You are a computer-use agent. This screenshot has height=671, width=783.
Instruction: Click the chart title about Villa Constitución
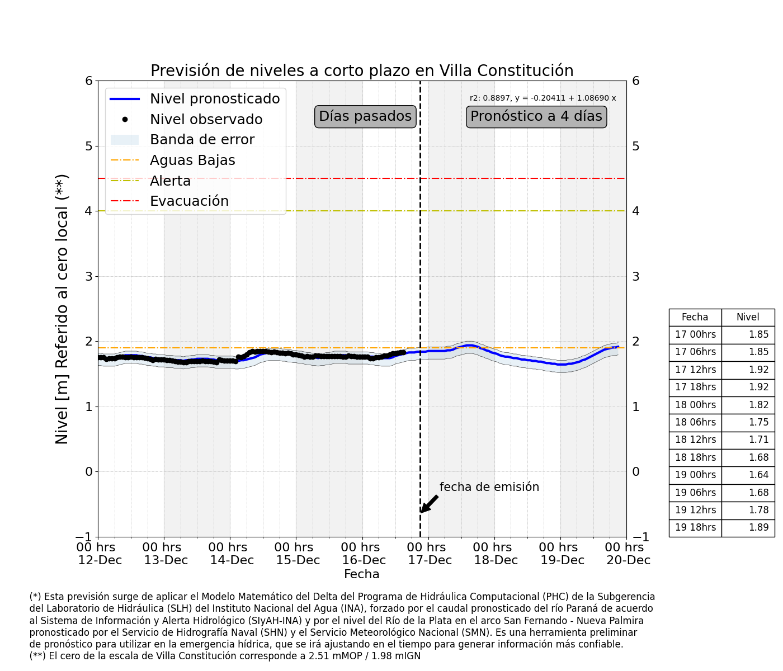362,71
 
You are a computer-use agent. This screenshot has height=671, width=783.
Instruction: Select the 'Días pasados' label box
365,116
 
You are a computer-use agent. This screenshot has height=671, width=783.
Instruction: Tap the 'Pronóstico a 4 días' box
536,116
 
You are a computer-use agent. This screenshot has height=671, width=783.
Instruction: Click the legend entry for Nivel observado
206,120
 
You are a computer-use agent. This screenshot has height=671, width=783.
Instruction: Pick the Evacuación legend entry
189,201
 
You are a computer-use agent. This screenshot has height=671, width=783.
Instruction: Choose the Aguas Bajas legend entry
192,160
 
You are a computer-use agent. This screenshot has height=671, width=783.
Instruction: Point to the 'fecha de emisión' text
489,487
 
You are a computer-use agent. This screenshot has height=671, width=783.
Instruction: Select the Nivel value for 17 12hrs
748,370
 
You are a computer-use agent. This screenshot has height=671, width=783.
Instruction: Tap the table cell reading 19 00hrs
695,475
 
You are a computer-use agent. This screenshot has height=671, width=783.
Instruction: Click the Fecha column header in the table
695,317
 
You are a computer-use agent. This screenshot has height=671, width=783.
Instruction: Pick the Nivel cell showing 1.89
748,527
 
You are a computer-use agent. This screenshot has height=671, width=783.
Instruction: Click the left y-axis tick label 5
88,146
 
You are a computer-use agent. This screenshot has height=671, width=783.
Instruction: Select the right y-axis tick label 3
636,276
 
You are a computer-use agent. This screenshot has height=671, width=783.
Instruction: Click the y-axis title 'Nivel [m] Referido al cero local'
62,309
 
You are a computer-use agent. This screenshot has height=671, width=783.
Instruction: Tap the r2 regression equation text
543,98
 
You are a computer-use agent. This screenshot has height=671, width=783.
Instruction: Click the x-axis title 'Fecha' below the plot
361,574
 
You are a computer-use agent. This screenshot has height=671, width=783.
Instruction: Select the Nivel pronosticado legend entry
215,99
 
